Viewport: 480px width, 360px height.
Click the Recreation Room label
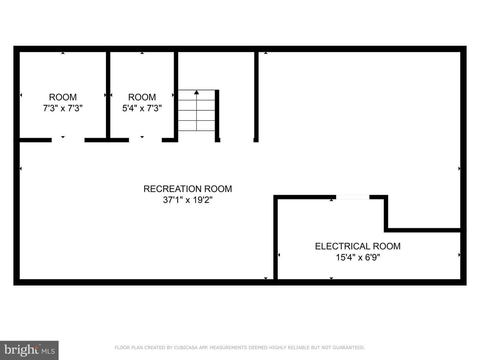tap(188, 189)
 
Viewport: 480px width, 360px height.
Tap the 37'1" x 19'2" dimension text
tap(188, 200)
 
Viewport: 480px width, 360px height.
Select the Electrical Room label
tap(358, 246)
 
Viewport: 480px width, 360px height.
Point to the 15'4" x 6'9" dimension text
tap(358, 257)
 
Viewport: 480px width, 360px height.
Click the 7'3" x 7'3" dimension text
tap(63, 108)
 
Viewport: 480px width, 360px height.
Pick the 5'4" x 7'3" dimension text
tap(142, 108)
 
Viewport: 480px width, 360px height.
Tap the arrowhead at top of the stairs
tap(196, 92)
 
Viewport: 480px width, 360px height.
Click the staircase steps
tap(196, 110)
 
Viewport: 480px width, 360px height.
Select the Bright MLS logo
tap(29, 350)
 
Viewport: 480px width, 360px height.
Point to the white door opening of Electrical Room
tap(353, 197)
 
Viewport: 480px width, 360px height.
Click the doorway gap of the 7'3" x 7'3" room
tap(68, 140)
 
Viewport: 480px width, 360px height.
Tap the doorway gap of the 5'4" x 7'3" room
tap(145, 140)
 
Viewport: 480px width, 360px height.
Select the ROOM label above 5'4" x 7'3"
tap(142, 97)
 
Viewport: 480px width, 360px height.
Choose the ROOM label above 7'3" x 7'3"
tap(63, 97)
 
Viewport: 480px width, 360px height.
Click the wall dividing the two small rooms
tap(108, 95)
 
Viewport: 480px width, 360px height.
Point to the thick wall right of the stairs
tap(217, 116)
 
